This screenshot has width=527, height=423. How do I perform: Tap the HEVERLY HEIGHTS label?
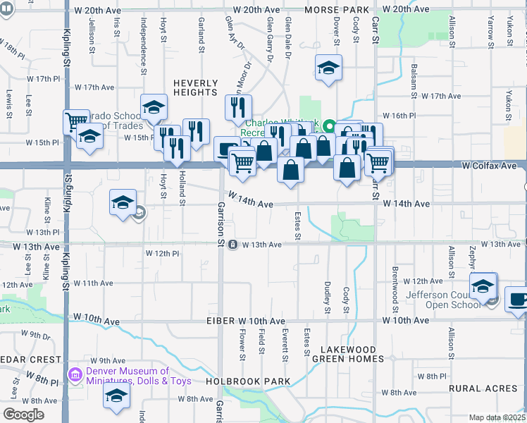coord(195,87)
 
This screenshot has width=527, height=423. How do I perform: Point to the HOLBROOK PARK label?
coord(239,381)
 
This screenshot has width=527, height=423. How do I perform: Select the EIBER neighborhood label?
coord(219,321)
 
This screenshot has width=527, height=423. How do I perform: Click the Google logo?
coord(24,415)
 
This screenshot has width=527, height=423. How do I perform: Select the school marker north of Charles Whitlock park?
coord(328,68)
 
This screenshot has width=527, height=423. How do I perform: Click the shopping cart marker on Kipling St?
coord(74,121)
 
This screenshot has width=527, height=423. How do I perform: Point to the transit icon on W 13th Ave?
coord(232,245)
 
